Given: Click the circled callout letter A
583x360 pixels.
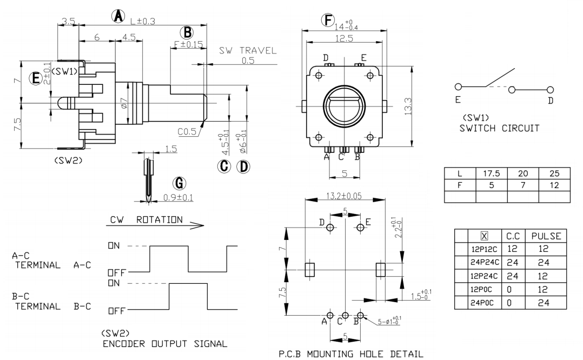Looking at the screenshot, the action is coord(118,16).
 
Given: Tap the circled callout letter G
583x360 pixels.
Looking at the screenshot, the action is coord(180,184).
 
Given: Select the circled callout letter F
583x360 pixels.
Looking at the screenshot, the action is coord(328,20).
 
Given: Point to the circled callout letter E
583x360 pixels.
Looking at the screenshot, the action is coord(36,78).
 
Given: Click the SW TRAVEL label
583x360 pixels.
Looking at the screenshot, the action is coord(248,50).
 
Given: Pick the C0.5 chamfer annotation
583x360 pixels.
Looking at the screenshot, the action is coord(187,131).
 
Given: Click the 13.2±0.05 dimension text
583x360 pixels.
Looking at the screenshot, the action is coord(344,196).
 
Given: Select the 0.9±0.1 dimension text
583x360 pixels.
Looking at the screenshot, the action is coord(178,198).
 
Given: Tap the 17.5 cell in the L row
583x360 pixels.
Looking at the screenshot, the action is coord(492,174).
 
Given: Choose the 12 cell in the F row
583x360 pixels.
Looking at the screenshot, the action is coord(554,185).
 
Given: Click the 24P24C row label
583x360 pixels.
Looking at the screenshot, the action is coord(485,262).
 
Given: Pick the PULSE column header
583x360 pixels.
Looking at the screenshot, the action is coord(546,236).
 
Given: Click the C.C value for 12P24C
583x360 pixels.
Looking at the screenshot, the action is coord(512,276).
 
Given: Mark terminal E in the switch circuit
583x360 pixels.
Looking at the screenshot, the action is coord(459,87).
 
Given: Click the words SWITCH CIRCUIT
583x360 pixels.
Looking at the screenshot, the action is coord(499,129).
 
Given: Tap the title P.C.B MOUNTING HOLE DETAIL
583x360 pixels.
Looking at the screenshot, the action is coord(350,354).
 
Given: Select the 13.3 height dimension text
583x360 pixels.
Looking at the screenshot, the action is coord(408,106).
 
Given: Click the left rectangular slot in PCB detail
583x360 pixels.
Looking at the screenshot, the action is coord(310,270).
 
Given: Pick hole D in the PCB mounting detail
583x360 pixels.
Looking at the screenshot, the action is coord(330,227).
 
